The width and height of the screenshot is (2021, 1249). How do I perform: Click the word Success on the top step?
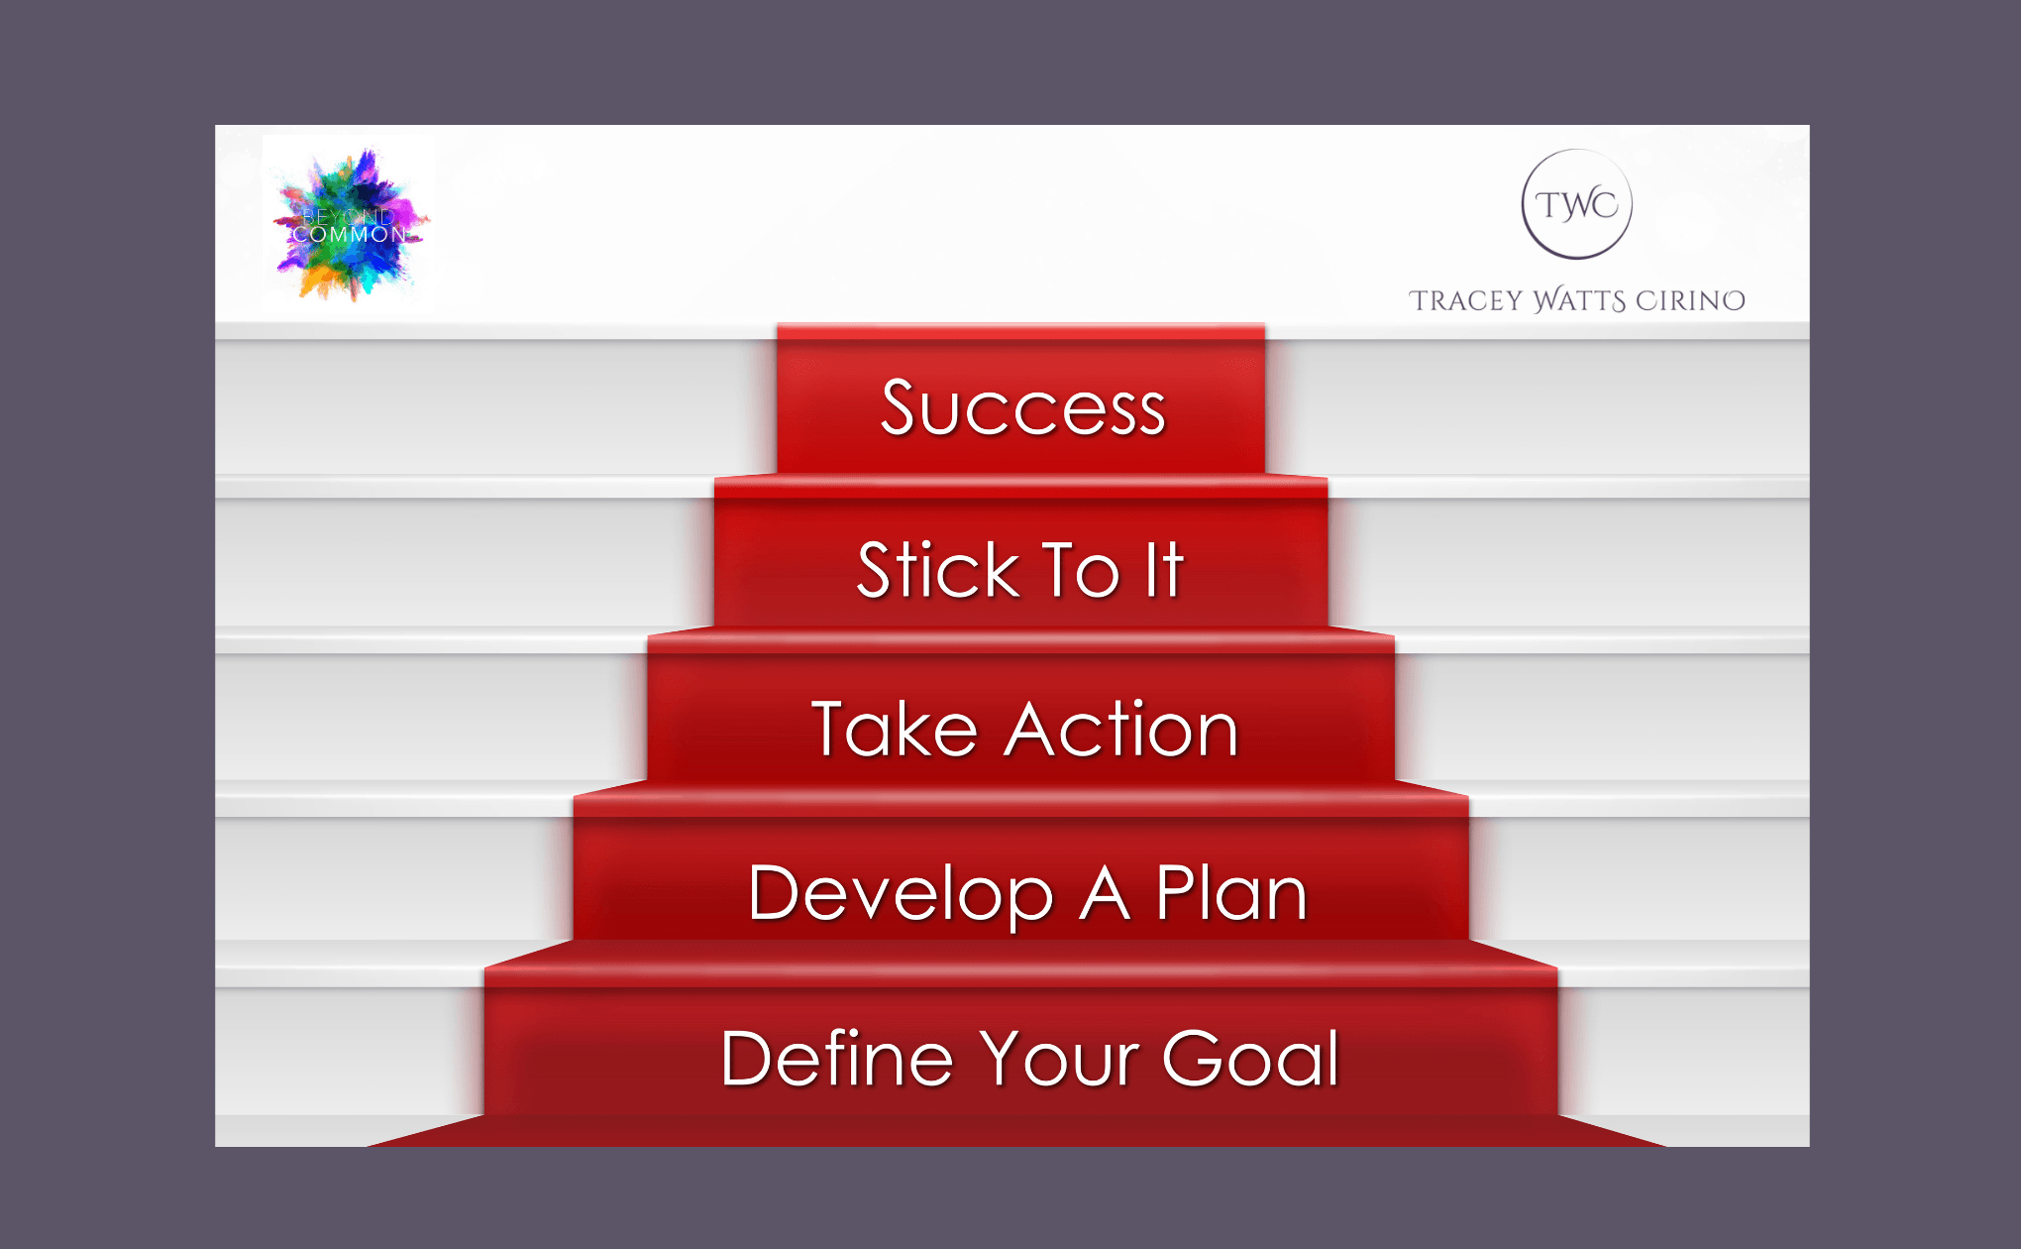(1023, 407)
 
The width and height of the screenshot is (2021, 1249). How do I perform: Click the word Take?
(895, 729)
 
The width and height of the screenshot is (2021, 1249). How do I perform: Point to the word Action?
(1121, 729)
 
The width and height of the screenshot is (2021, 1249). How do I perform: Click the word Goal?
(1251, 1058)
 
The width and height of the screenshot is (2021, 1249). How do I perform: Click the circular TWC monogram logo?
(1576, 204)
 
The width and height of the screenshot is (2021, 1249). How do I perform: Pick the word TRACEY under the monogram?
(1465, 300)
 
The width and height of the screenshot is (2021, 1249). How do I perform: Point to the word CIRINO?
(1690, 300)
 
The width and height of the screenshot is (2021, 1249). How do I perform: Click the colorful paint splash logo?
(350, 224)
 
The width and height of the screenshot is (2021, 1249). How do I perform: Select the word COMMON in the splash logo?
(349, 235)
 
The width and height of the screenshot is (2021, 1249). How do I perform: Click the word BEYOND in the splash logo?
(348, 215)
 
